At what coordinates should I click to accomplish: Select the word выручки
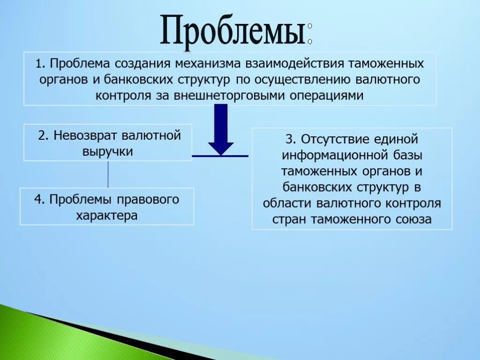(x=108, y=151)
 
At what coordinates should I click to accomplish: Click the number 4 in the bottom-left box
(x=37, y=200)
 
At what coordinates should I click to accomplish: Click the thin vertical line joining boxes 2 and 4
(x=108, y=174)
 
